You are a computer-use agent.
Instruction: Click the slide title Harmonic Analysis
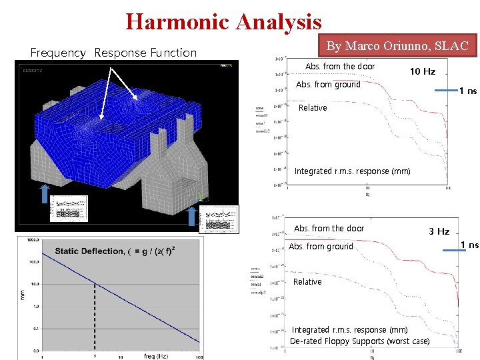click(223, 21)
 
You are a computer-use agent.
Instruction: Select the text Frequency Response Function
click(113, 53)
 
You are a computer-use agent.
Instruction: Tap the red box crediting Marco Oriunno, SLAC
click(397, 45)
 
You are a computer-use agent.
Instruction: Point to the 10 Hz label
click(422, 71)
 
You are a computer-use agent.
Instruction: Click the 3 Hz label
click(439, 231)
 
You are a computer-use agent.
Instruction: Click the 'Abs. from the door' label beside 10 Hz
click(339, 66)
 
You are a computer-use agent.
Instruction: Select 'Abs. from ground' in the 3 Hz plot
click(321, 246)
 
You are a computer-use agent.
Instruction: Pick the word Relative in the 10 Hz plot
click(313, 107)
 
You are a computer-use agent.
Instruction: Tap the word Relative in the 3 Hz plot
click(307, 281)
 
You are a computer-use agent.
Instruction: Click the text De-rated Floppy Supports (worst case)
click(359, 341)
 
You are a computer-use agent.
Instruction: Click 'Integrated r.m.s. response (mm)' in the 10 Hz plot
click(352, 171)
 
